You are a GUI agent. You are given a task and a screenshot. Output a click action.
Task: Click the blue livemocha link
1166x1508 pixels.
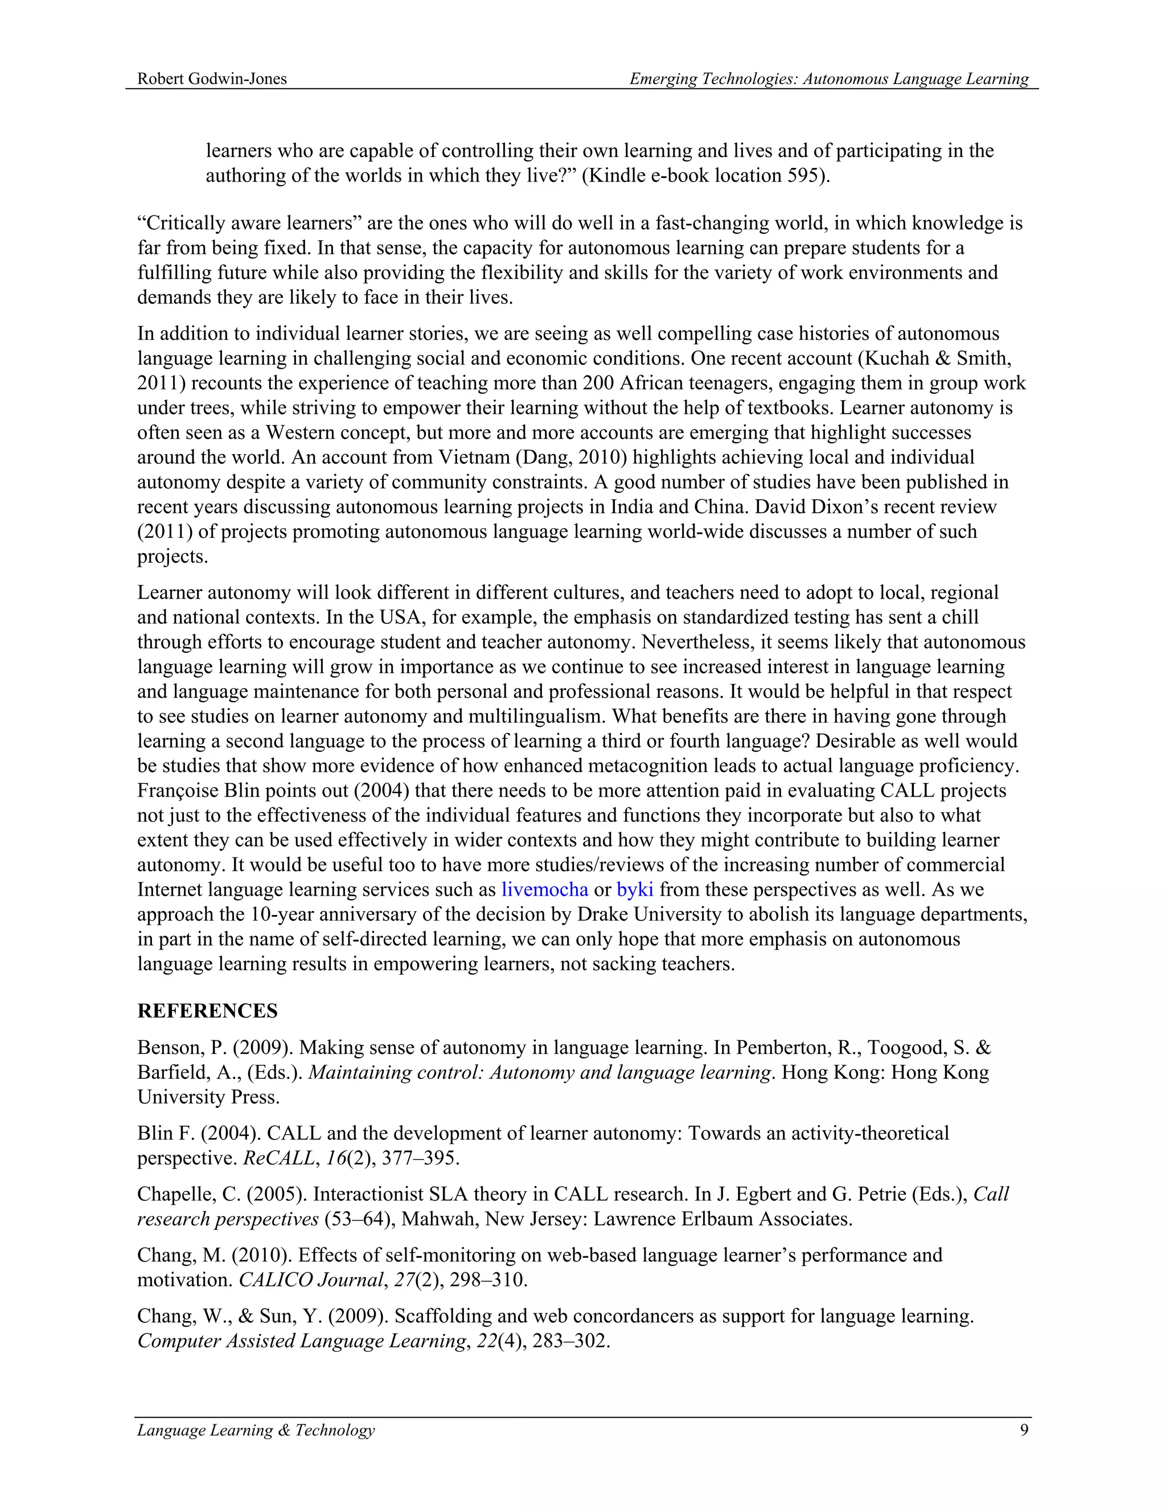click(544, 889)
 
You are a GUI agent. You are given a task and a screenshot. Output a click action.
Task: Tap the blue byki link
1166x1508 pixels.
click(635, 889)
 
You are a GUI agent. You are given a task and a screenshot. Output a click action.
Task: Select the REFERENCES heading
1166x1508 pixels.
click(207, 1011)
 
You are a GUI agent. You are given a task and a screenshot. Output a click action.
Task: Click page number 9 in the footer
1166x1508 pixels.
click(1024, 1430)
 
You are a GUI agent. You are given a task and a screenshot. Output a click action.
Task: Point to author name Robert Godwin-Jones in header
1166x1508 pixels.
click(212, 79)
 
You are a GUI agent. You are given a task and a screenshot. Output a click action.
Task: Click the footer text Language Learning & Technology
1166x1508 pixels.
click(256, 1430)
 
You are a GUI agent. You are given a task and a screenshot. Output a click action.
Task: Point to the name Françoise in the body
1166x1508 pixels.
click(176, 790)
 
